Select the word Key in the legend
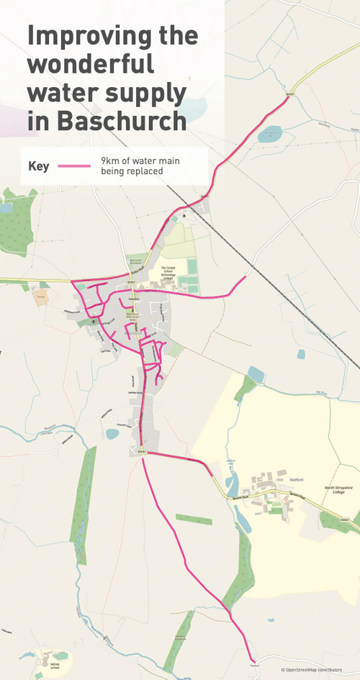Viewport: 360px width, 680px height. (x=38, y=166)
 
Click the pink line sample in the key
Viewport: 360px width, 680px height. (x=75, y=166)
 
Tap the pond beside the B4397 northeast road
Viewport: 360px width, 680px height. (x=271, y=133)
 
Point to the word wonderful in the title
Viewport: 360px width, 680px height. (x=91, y=64)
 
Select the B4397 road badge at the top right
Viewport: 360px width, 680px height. (x=290, y=93)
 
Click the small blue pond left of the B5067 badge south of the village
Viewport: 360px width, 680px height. (x=112, y=434)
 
